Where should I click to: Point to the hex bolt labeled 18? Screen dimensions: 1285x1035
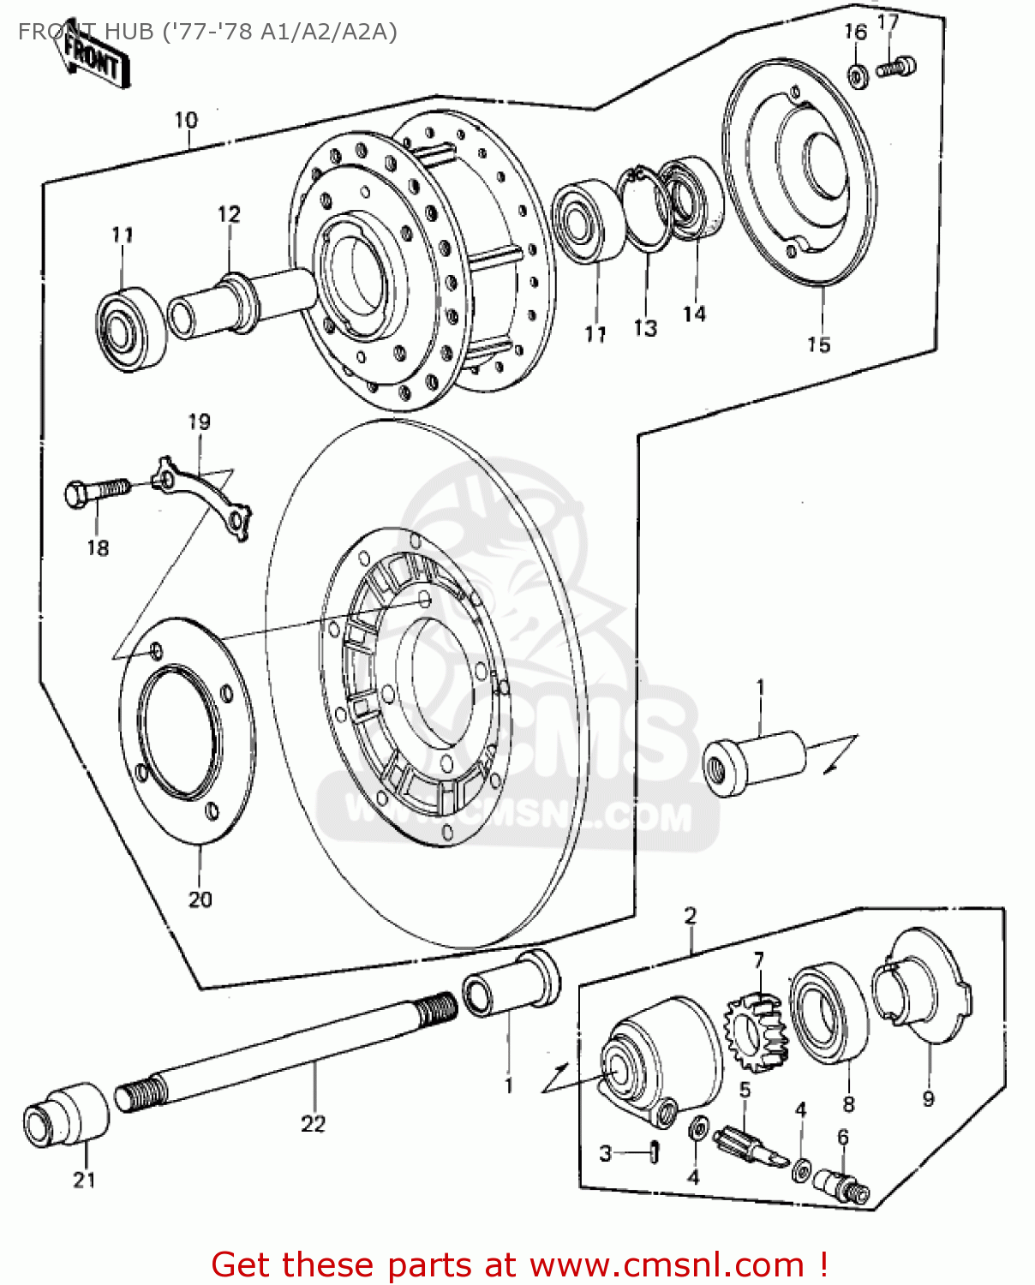point(95,493)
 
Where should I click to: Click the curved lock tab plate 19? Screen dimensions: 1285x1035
point(206,498)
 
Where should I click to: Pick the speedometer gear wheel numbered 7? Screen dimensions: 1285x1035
point(756,1032)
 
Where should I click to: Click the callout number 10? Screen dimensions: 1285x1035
point(186,121)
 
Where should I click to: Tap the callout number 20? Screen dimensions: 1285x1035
point(200,899)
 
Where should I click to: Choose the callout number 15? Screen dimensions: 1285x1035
point(818,344)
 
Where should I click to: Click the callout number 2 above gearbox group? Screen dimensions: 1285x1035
point(691,916)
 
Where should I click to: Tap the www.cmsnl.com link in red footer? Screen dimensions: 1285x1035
point(667,1264)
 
